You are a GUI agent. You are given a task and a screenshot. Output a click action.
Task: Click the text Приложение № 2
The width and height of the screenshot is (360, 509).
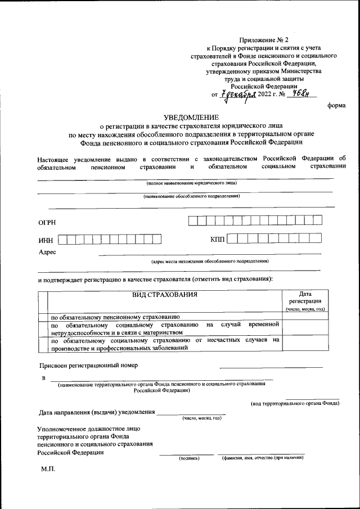pos(263,40)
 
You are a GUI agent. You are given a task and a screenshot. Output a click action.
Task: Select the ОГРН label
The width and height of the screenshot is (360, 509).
pos(47,223)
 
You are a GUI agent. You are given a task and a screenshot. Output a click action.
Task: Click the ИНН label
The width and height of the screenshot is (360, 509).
pos(46,241)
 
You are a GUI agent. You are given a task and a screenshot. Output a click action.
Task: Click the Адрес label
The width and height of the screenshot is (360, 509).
pos(47,252)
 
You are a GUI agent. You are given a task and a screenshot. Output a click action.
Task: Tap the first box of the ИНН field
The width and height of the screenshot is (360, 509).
pos(63,240)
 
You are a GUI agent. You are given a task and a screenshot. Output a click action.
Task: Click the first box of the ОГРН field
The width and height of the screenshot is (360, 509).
pos(193,220)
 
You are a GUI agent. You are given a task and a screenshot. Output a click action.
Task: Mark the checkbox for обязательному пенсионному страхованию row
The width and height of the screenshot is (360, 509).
pos(42,316)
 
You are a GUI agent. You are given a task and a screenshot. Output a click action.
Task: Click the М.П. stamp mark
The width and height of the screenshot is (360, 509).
pos(48,469)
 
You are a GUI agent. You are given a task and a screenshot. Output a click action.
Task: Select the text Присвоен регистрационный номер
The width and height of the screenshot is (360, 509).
pos(88,364)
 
